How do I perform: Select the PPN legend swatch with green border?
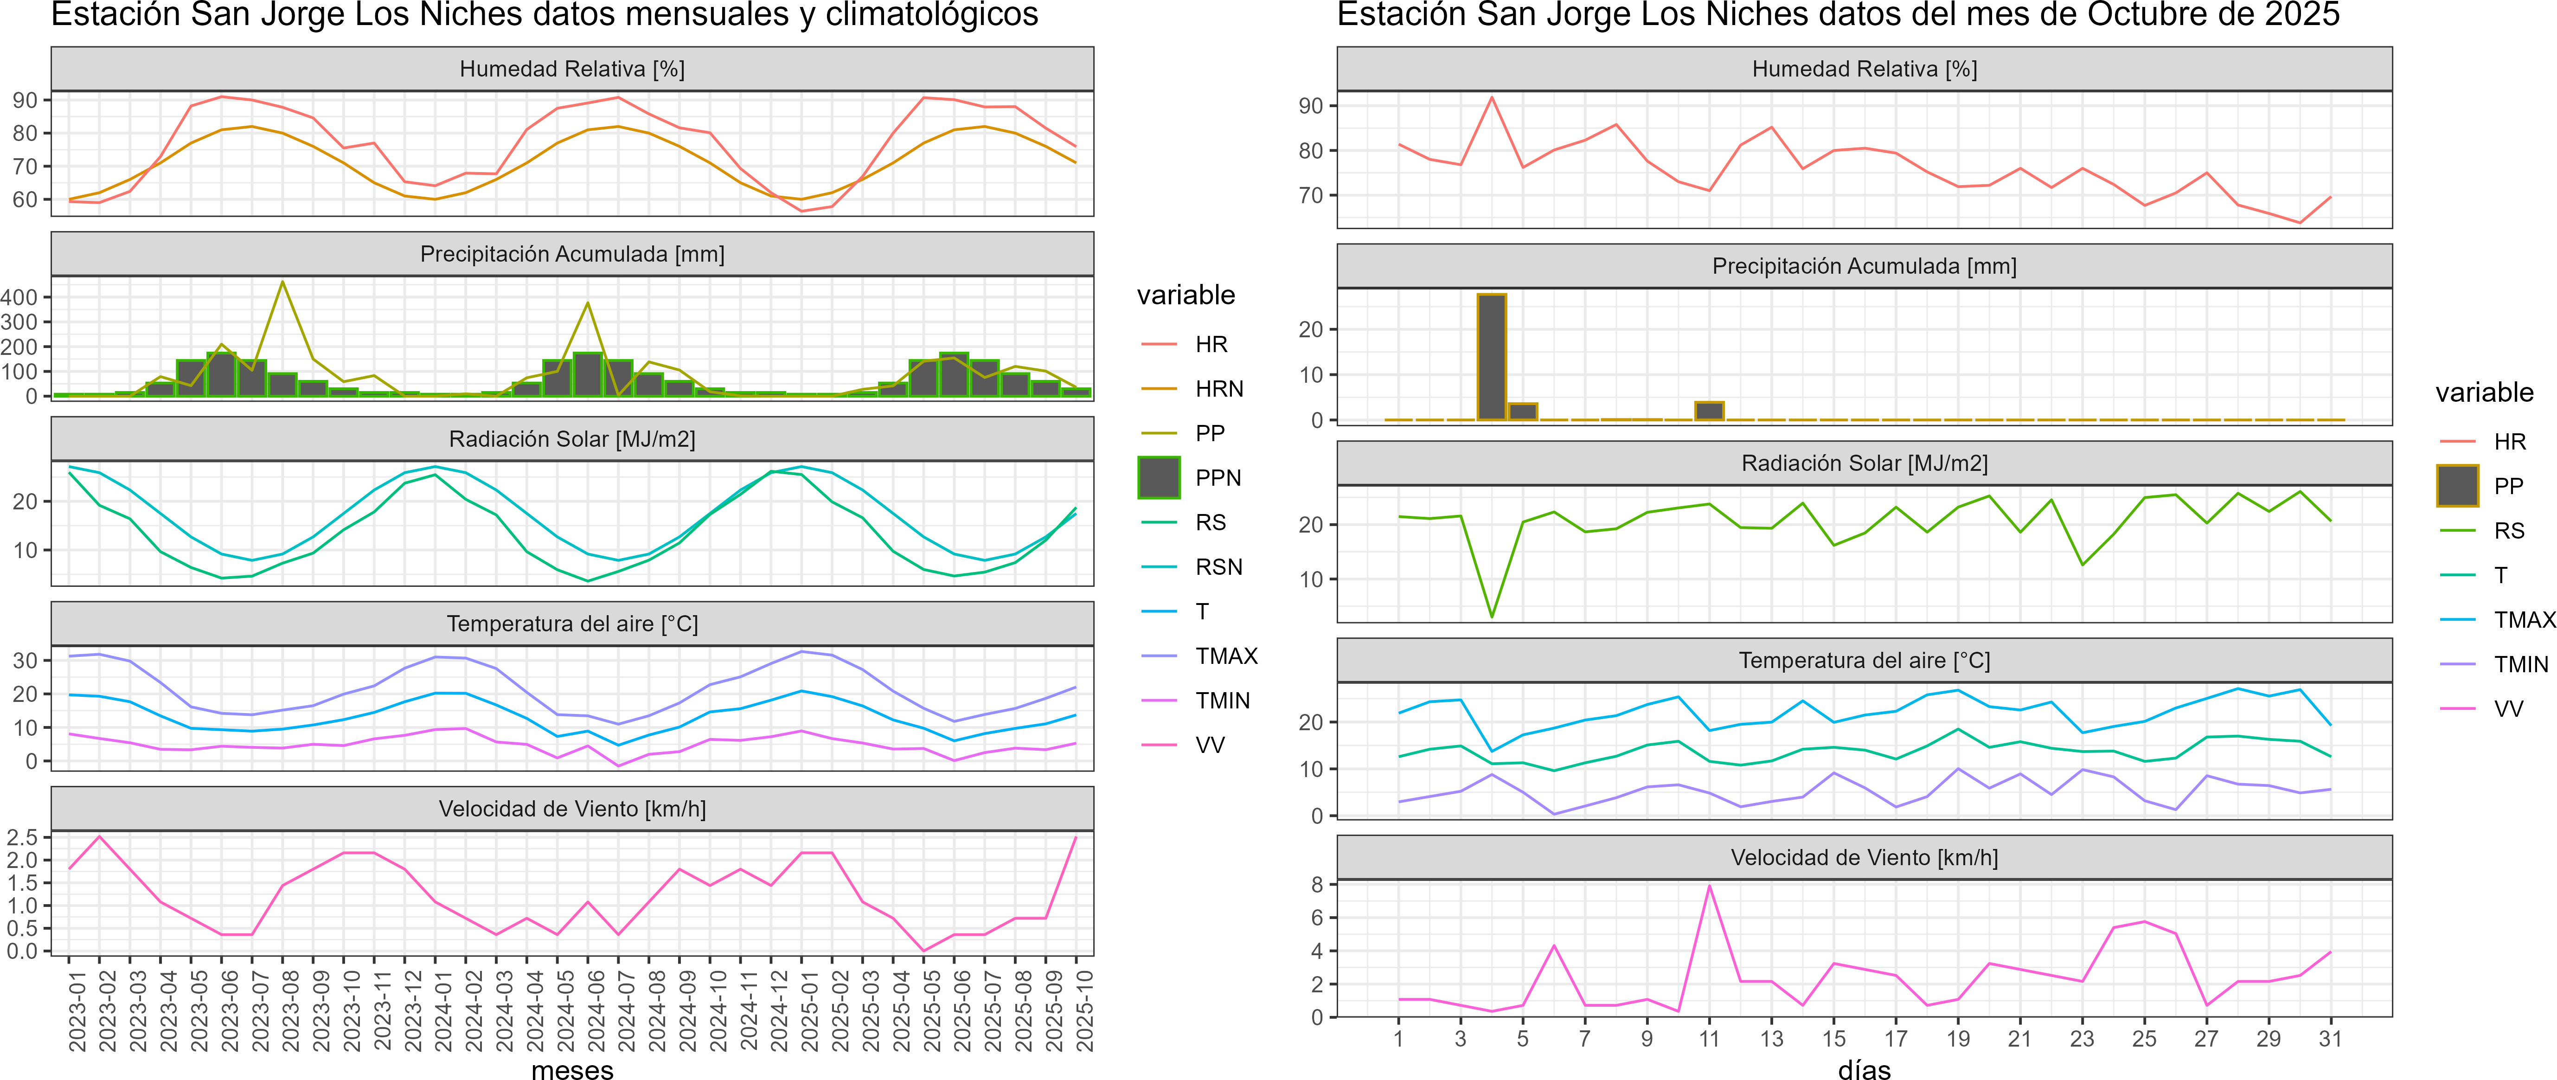click(x=1159, y=477)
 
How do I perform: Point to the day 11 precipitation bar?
click(x=1709, y=411)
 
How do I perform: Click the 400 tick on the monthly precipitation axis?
click(x=20, y=297)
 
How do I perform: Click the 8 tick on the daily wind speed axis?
click(x=1317, y=884)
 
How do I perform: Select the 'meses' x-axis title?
click(x=573, y=1069)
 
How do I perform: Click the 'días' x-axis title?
click(x=1864, y=1069)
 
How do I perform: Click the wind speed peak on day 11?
click(x=1709, y=886)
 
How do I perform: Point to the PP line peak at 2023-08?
click(x=283, y=282)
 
